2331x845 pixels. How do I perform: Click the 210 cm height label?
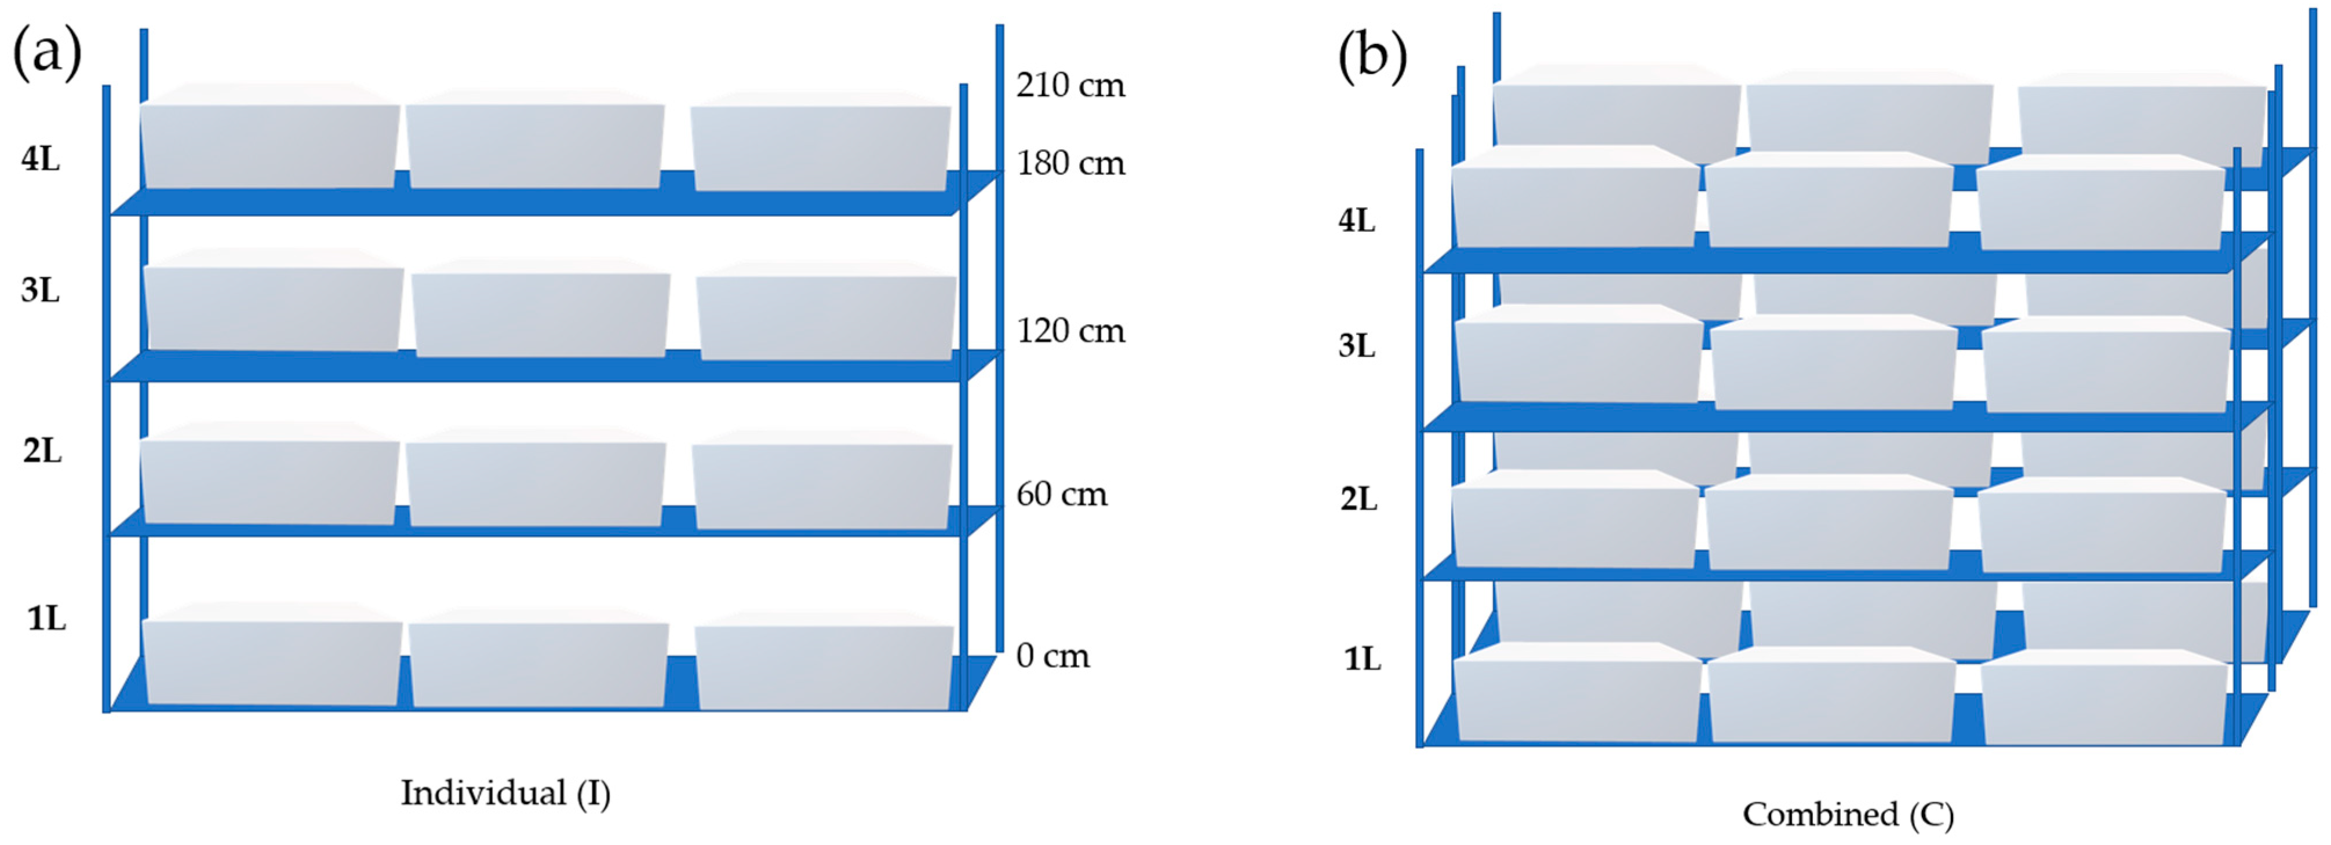coord(1070,85)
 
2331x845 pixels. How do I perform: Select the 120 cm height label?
coord(1070,331)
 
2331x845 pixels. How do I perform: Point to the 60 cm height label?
coord(1061,494)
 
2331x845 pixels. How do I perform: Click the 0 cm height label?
coord(1052,655)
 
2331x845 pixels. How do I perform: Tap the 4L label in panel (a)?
coord(41,159)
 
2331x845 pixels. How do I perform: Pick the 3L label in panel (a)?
coord(41,291)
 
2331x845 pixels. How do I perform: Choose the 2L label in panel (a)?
coord(42,451)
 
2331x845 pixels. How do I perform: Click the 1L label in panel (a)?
coord(46,619)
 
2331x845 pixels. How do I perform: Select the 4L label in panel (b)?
coord(1356,221)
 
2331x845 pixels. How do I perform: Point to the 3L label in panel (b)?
coord(1356,346)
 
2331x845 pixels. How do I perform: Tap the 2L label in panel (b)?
coord(1358,499)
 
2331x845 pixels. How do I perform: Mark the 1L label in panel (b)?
coord(1362,659)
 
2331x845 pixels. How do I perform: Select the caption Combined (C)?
coord(1848,814)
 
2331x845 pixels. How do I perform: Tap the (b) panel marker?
coord(1372,56)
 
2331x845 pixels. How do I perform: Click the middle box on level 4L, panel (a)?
coord(535,145)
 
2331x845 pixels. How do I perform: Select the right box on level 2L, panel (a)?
coord(822,484)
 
